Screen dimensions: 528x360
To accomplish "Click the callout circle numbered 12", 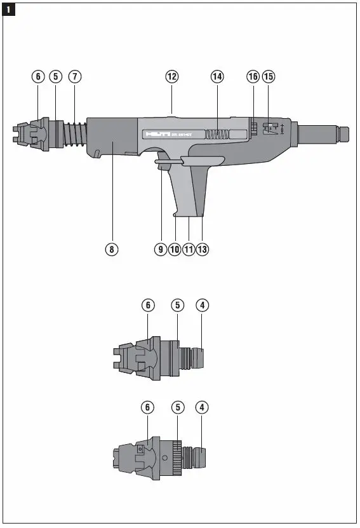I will tap(171, 76).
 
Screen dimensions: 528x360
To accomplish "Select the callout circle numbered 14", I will tap(217, 76).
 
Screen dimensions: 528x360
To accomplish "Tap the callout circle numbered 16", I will tap(253, 76).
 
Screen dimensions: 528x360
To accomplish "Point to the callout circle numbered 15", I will tap(269, 76).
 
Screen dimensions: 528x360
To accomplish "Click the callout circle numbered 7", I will tap(75, 76).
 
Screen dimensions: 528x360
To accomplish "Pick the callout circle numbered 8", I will tap(112, 249).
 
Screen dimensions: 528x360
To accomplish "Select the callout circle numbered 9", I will tap(161, 249).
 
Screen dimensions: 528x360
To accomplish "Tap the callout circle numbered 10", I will tap(174, 249).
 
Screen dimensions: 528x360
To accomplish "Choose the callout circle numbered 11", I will tap(188, 249).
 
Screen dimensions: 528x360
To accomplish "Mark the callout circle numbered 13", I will tap(203, 249).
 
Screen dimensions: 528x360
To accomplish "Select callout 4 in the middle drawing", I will tap(203, 306).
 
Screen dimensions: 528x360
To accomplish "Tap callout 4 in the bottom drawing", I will tap(203, 407).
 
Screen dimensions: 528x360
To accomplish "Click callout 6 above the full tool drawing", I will tap(38, 76).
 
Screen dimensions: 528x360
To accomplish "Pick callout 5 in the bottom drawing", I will tap(178, 407).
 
